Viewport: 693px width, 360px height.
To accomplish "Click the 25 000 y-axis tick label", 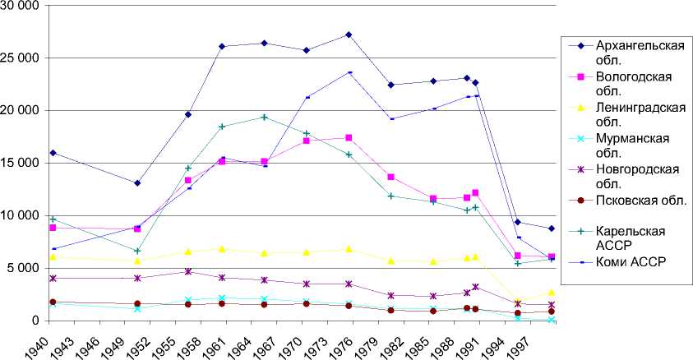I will pyautogui.click(x=22, y=58).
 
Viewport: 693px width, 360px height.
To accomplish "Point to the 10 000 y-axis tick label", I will pyautogui.click(x=22, y=215).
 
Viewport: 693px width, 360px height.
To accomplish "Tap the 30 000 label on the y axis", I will pyautogui.click(x=22, y=6).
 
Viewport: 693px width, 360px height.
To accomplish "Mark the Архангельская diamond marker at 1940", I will pyautogui.click(x=53, y=153).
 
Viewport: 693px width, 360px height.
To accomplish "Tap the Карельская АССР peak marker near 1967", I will pyautogui.click(x=263, y=117).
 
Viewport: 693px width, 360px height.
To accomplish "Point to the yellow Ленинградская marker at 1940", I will pyautogui.click(x=53, y=256).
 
